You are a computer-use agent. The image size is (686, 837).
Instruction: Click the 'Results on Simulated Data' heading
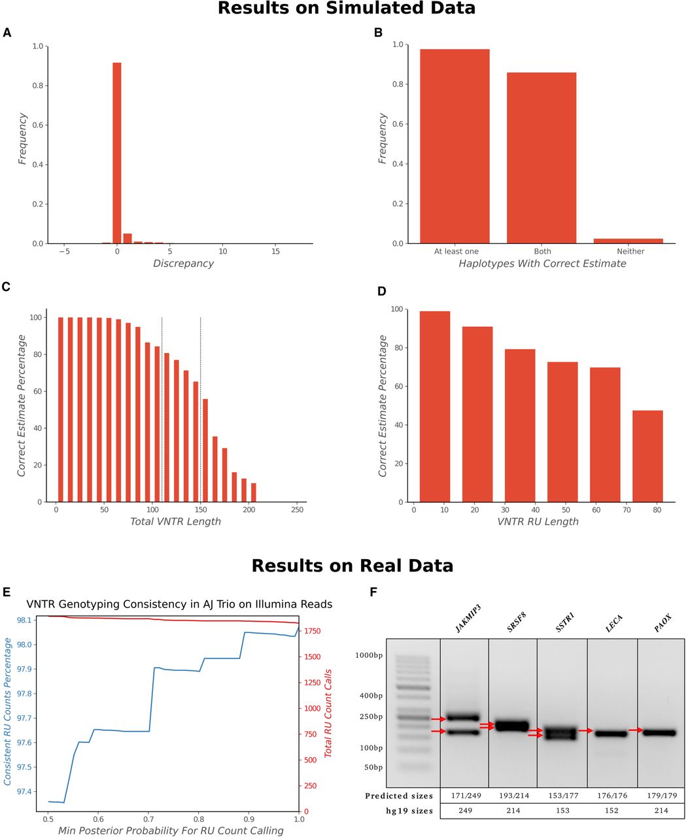point(347,9)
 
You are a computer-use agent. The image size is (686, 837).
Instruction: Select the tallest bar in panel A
point(117,153)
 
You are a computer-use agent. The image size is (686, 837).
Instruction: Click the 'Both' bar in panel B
point(541,158)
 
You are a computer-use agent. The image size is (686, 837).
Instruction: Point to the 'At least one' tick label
point(456,251)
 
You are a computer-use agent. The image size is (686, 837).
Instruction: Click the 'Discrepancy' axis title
point(183,264)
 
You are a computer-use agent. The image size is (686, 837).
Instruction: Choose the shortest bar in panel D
point(647,456)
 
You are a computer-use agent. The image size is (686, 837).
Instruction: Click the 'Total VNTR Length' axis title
point(175,522)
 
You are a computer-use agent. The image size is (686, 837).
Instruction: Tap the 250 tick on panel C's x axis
point(297,509)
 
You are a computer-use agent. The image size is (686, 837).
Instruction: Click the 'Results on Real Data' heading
point(352,566)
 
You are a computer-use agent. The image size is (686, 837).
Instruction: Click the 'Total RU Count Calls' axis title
point(329,713)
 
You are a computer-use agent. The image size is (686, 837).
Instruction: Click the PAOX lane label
point(663,625)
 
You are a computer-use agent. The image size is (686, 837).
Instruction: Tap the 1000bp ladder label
point(369,655)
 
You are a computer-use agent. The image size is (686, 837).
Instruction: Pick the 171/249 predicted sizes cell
point(464,796)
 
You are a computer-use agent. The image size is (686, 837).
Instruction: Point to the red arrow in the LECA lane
point(585,730)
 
